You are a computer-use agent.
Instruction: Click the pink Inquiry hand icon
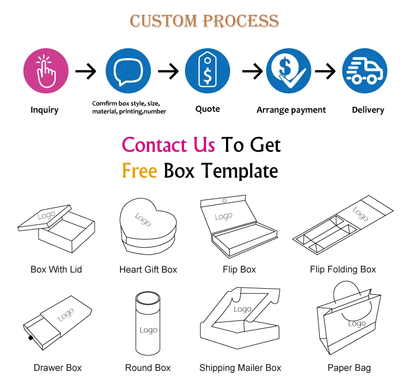[x=46, y=71]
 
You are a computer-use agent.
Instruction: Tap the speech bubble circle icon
[x=128, y=71]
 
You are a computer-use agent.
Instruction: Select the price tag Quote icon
[x=208, y=71]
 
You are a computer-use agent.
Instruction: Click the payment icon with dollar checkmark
[x=289, y=71]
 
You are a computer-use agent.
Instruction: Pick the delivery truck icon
[x=364, y=71]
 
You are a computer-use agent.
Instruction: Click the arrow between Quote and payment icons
[x=252, y=71]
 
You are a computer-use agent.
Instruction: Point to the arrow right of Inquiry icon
[x=86, y=71]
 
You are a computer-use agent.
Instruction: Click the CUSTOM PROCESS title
[x=204, y=21]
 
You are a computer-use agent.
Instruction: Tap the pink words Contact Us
[x=168, y=145]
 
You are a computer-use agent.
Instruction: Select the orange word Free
[x=139, y=171]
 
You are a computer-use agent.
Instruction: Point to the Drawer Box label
[x=57, y=368]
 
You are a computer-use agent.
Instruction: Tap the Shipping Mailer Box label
[x=240, y=368]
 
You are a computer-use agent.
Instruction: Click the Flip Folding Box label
[x=343, y=269]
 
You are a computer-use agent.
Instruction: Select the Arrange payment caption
[x=291, y=110]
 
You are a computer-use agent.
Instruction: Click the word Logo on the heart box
[x=142, y=219]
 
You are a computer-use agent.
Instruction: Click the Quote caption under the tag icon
[x=208, y=109]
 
